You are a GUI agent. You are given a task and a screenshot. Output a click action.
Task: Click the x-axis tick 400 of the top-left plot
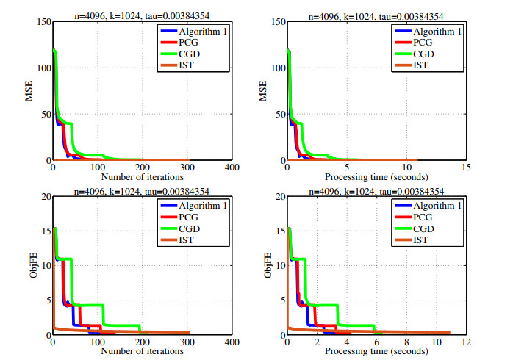tap(232, 167)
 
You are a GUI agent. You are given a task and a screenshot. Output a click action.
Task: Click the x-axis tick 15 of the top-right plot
tap(464, 167)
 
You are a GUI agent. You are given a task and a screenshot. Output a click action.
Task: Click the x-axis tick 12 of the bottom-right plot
tap(464, 342)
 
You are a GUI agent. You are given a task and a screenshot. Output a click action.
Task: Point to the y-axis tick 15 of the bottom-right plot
tap(279, 231)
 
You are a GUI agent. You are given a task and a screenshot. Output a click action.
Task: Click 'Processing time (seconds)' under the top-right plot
tap(376, 176)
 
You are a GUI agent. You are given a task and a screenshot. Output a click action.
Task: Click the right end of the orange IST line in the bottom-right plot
tap(448, 332)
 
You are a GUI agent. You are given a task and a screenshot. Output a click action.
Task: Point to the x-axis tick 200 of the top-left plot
tap(142, 167)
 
